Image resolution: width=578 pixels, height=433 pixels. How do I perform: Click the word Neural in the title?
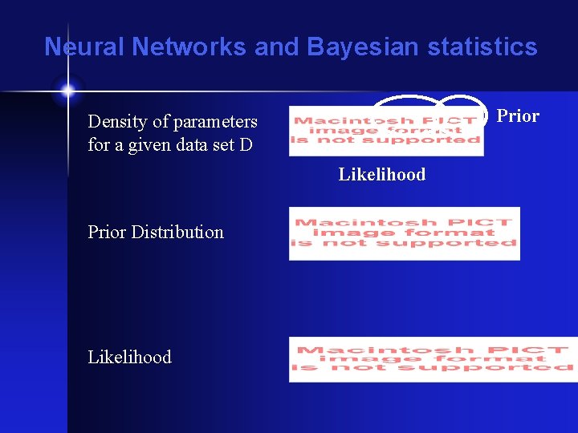tap(84, 47)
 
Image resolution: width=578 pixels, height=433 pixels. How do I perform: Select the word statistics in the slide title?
tap(482, 47)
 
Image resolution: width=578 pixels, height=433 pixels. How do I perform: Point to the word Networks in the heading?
tap(189, 47)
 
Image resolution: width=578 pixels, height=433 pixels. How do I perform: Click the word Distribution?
tap(177, 233)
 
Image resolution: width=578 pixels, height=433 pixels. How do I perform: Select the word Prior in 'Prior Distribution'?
tap(108, 233)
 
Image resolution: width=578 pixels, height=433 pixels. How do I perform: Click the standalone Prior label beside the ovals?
tap(518, 116)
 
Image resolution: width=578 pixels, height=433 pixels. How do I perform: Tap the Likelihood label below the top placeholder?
tap(382, 175)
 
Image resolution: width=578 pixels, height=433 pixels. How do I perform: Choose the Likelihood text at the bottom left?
tap(130, 358)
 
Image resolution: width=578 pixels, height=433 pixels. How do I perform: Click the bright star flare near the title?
tap(67, 90)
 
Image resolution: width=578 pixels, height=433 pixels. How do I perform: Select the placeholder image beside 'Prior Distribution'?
tap(405, 233)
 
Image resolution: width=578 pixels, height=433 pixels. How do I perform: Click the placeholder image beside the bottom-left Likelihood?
tap(433, 359)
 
